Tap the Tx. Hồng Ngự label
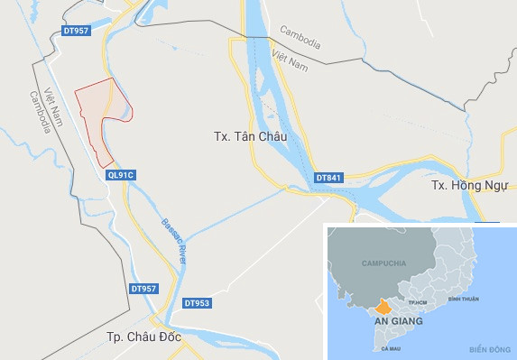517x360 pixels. coord(464,185)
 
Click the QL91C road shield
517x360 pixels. coord(119,174)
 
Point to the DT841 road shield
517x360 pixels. coord(328,178)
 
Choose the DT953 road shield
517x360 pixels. coord(196,303)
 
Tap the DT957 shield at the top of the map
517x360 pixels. coord(77,31)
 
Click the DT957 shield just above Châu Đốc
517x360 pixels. coord(143,289)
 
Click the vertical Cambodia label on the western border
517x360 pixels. coord(39,112)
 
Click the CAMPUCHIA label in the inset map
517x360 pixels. coord(380,263)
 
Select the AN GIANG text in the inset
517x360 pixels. coord(393,320)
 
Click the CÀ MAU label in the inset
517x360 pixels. coord(391,347)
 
